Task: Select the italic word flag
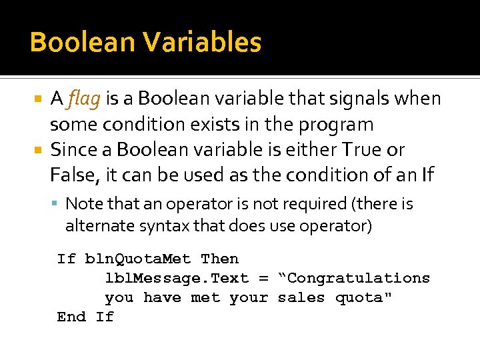pos(84,99)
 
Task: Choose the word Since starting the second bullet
pos(72,149)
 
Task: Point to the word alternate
pos(95,226)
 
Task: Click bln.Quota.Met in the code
pos(138,259)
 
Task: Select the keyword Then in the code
pos(219,259)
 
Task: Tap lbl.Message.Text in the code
pos(177,278)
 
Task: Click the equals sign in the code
pos(263,278)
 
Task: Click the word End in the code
pos(71,317)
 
